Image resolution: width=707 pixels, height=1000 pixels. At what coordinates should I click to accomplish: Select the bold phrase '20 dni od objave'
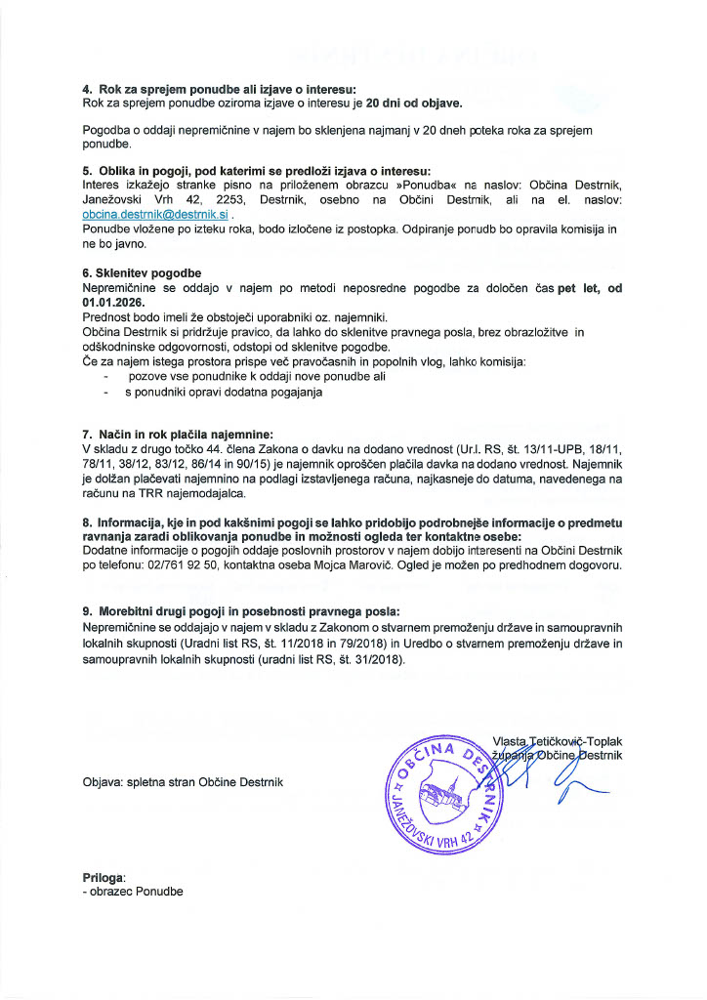pos(414,103)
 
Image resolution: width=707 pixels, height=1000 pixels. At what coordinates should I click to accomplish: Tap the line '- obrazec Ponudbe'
pos(134,891)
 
